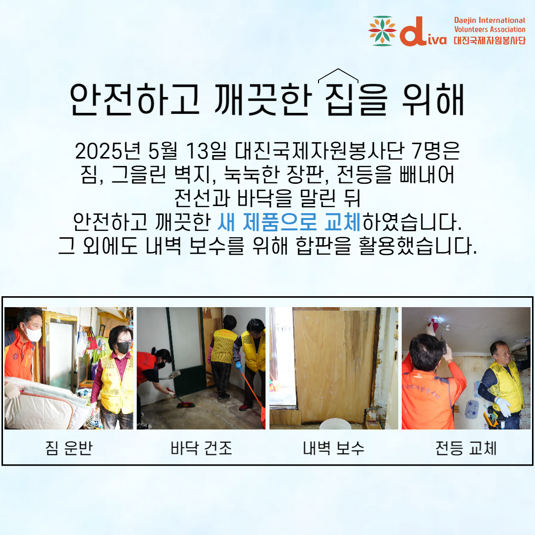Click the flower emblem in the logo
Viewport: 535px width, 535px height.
(x=382, y=31)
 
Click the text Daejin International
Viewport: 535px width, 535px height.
(x=489, y=20)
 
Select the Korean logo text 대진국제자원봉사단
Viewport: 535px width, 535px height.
(x=489, y=40)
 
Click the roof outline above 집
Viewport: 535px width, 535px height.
(x=338, y=75)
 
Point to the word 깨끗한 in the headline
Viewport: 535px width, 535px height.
(x=263, y=99)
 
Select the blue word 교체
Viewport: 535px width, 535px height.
(x=342, y=222)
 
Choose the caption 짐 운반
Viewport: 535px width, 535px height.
(x=69, y=448)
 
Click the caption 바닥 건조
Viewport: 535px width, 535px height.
(x=201, y=448)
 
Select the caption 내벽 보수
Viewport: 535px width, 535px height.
(x=334, y=448)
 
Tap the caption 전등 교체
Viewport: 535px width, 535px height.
(x=466, y=448)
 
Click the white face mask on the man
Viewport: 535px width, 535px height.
(x=33, y=333)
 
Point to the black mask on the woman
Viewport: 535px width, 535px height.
(x=123, y=347)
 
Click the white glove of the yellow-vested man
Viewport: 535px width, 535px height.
(x=503, y=406)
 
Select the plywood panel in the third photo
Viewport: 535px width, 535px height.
(x=334, y=365)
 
